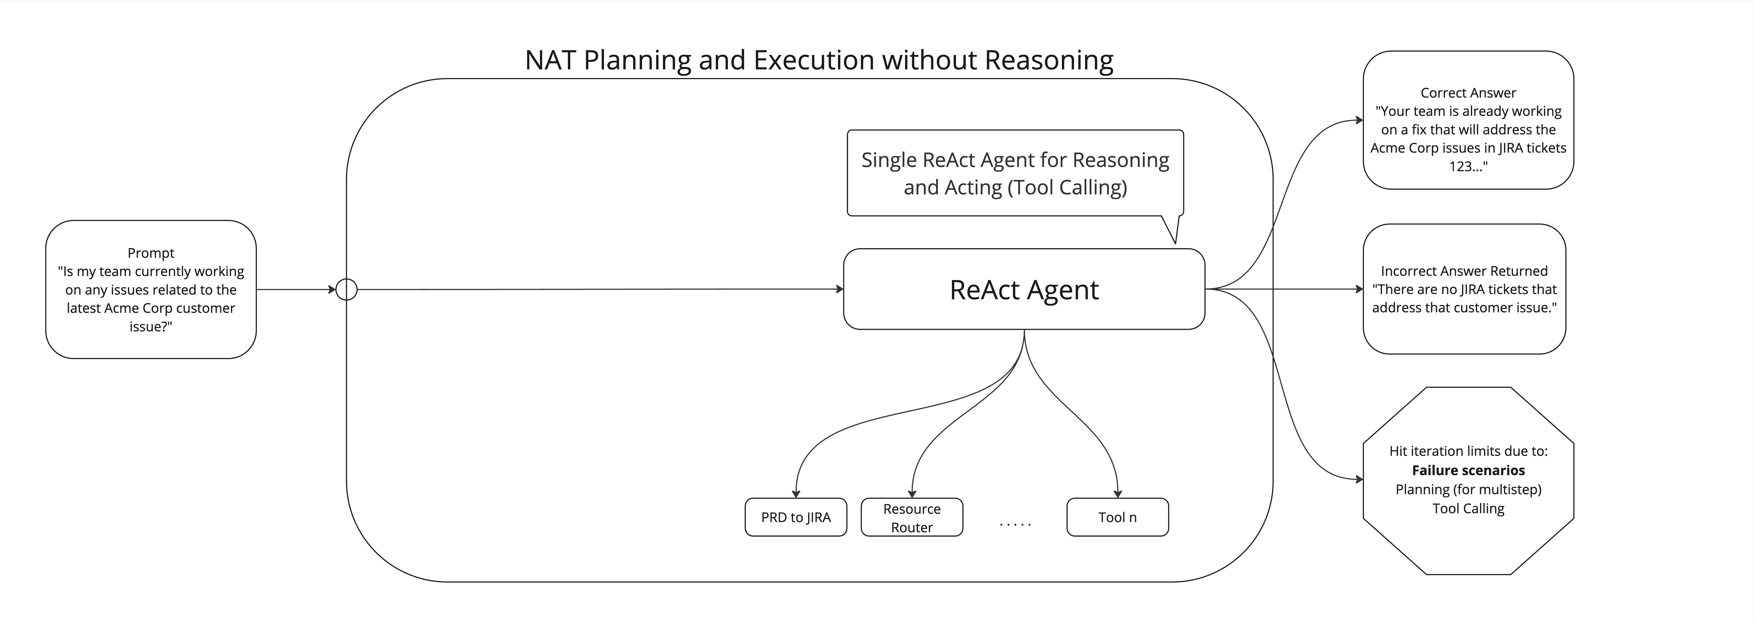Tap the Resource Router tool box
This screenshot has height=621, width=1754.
click(912, 517)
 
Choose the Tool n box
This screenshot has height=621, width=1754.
click(1117, 517)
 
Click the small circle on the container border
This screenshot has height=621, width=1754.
click(347, 289)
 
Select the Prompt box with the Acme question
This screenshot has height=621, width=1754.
click(151, 289)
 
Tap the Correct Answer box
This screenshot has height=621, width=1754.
click(1468, 120)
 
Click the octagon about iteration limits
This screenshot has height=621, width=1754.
click(1468, 481)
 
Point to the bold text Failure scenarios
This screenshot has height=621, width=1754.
click(1468, 470)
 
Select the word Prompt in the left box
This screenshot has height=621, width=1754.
click(151, 253)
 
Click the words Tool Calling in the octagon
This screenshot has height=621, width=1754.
click(1468, 509)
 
